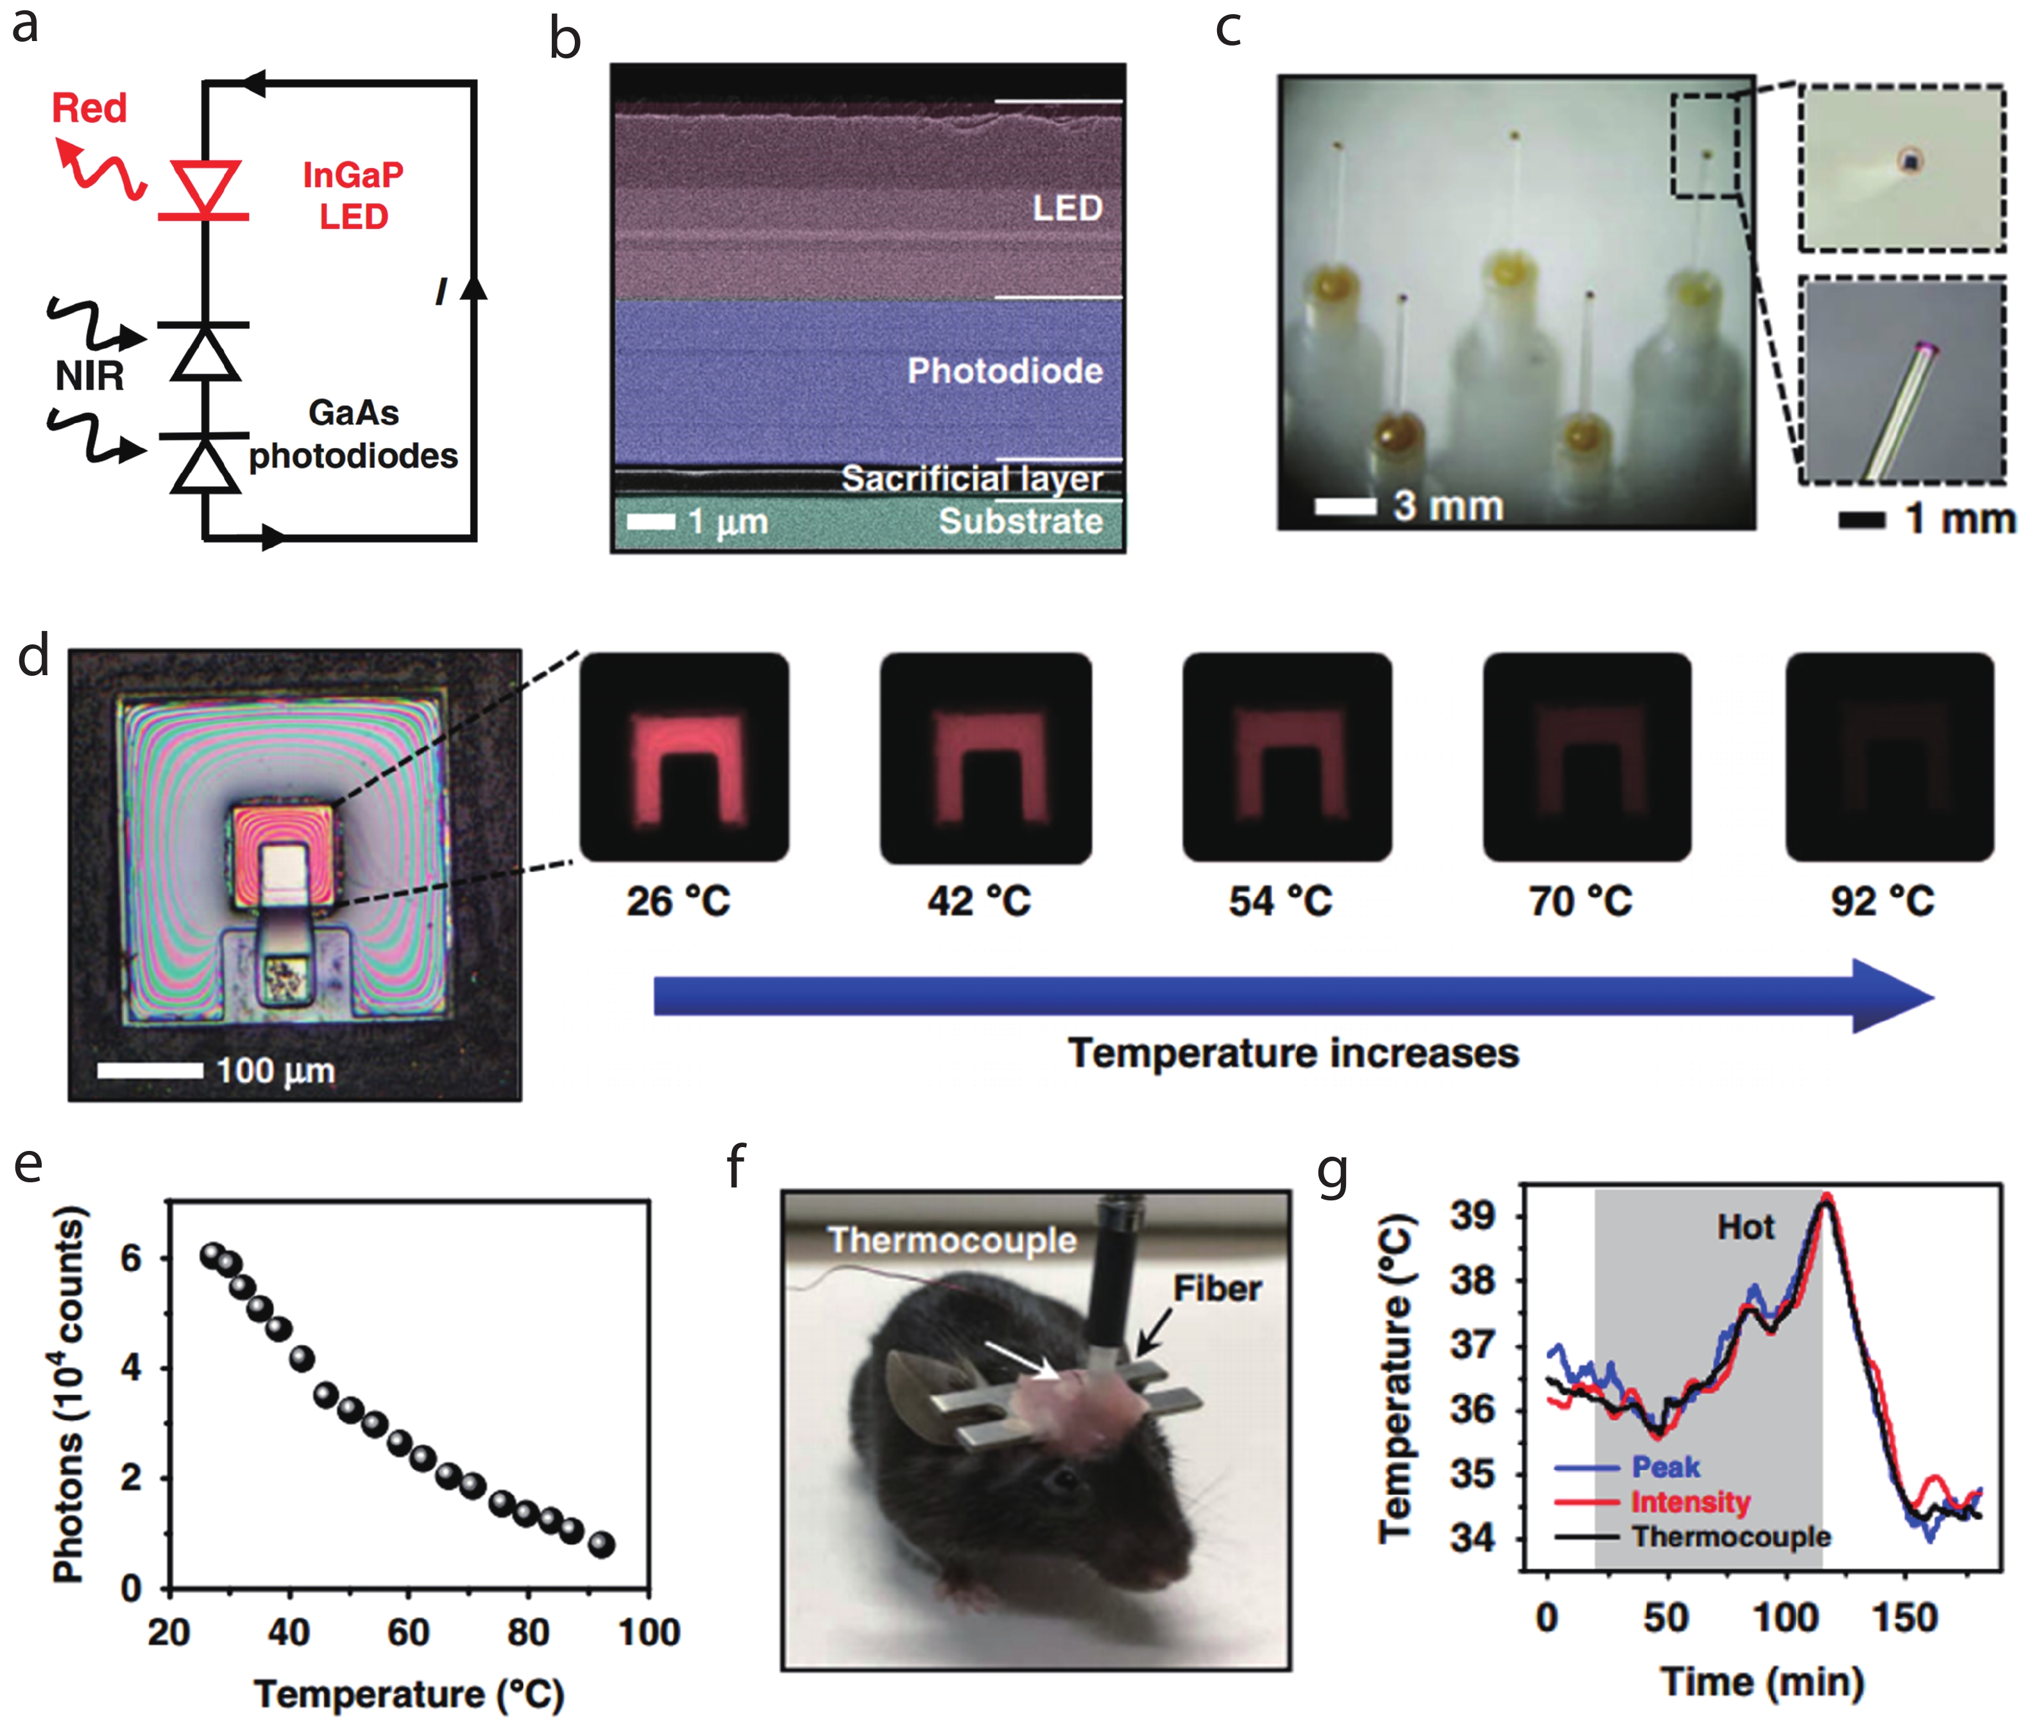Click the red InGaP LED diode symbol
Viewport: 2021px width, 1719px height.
[x=204, y=189]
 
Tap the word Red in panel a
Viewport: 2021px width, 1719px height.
[x=89, y=108]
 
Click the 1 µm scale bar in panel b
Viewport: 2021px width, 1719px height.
[x=651, y=521]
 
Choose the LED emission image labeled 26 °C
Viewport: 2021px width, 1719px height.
[x=685, y=757]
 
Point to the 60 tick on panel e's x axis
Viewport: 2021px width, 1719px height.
[x=409, y=1633]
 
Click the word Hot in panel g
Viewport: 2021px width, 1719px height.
[x=1745, y=1227]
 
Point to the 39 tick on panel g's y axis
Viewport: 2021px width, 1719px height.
[x=1472, y=1216]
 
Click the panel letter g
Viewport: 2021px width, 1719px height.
[x=1332, y=1172]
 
